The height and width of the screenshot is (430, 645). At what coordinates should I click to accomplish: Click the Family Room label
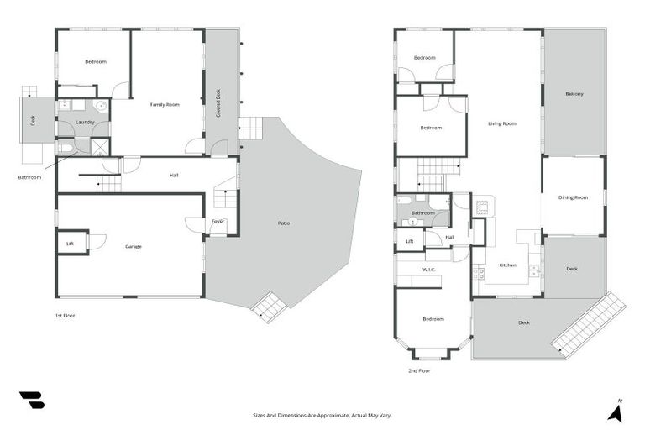coord(165,104)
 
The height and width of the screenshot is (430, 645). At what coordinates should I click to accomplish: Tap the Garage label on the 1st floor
coord(133,246)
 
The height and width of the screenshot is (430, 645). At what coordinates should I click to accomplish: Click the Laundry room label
coord(84,123)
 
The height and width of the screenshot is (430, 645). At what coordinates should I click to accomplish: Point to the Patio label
coord(284,223)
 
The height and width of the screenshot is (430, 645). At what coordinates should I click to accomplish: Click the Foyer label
coord(218,221)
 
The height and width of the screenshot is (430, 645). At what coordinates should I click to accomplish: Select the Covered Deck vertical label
coord(218,102)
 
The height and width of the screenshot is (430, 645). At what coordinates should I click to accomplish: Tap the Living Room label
coord(501,123)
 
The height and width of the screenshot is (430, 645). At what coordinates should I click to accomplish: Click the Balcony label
coord(574,93)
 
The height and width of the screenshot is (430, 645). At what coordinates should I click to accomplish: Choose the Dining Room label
coord(573,197)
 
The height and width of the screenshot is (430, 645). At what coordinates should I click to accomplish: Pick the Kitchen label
coord(508,265)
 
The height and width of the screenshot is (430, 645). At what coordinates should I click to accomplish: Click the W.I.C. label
coord(427,270)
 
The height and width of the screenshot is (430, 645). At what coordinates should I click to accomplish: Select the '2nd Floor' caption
coord(419,370)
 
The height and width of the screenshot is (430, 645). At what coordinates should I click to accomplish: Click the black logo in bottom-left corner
coord(31,401)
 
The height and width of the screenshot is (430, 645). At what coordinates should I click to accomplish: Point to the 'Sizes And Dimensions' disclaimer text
coord(322,415)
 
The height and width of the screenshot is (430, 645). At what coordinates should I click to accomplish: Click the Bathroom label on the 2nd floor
coord(422,212)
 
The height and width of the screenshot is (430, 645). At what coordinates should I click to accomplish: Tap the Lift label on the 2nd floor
coord(409,241)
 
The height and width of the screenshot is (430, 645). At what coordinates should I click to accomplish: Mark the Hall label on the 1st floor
coord(174,175)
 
